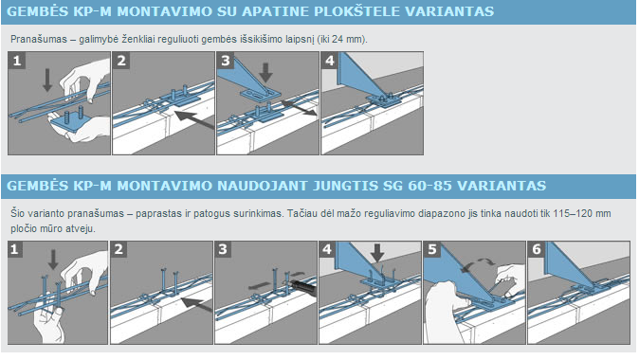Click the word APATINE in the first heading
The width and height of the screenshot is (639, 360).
(x=271, y=11)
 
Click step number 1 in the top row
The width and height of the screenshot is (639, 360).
(x=17, y=61)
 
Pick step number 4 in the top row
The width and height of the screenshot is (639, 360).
(x=329, y=61)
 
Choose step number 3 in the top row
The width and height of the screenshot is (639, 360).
(x=225, y=61)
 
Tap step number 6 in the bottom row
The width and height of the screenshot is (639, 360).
(x=537, y=249)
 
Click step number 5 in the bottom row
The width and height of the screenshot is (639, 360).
(x=432, y=249)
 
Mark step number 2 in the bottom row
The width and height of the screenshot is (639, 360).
(x=119, y=249)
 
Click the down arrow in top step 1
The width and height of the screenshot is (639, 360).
(x=47, y=80)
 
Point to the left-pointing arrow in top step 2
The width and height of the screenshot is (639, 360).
(x=194, y=119)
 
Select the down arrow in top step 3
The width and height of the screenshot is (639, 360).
(x=265, y=72)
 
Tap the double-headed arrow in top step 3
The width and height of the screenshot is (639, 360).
(x=299, y=108)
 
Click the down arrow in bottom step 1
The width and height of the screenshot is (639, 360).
(x=53, y=260)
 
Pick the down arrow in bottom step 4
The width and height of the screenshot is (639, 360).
(x=377, y=253)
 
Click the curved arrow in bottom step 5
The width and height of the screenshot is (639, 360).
(x=476, y=264)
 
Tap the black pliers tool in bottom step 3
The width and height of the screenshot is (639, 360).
(x=302, y=287)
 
